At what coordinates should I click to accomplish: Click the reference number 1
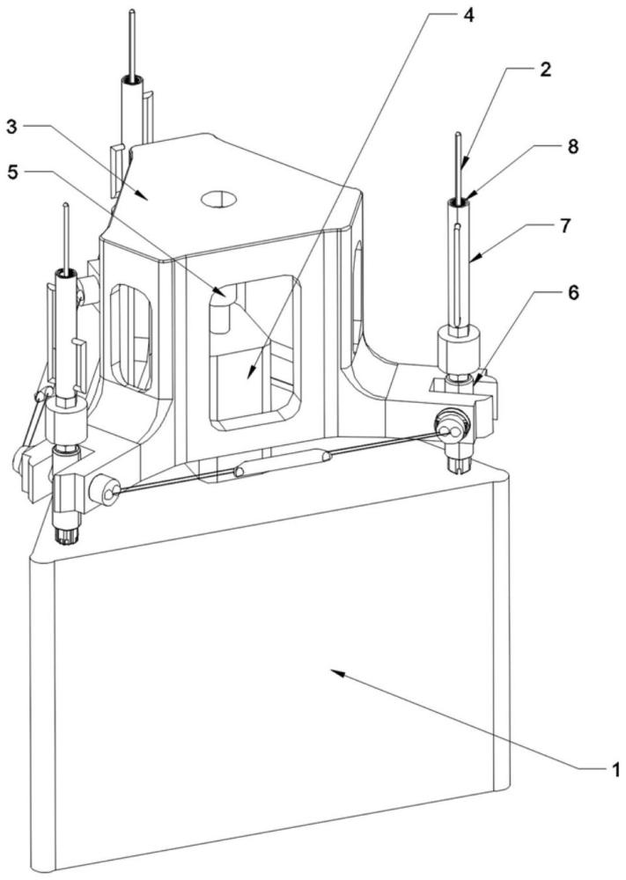coord(615,771)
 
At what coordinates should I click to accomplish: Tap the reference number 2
coord(545,70)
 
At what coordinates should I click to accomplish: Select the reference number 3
coord(12,126)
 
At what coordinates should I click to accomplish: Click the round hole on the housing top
coord(219,199)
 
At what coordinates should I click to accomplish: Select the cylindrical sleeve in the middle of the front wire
coord(283,463)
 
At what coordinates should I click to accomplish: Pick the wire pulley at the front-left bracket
coord(108,493)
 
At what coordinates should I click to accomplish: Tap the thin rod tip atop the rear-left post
coord(131,13)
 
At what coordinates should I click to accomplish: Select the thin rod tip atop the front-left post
coord(67,208)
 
